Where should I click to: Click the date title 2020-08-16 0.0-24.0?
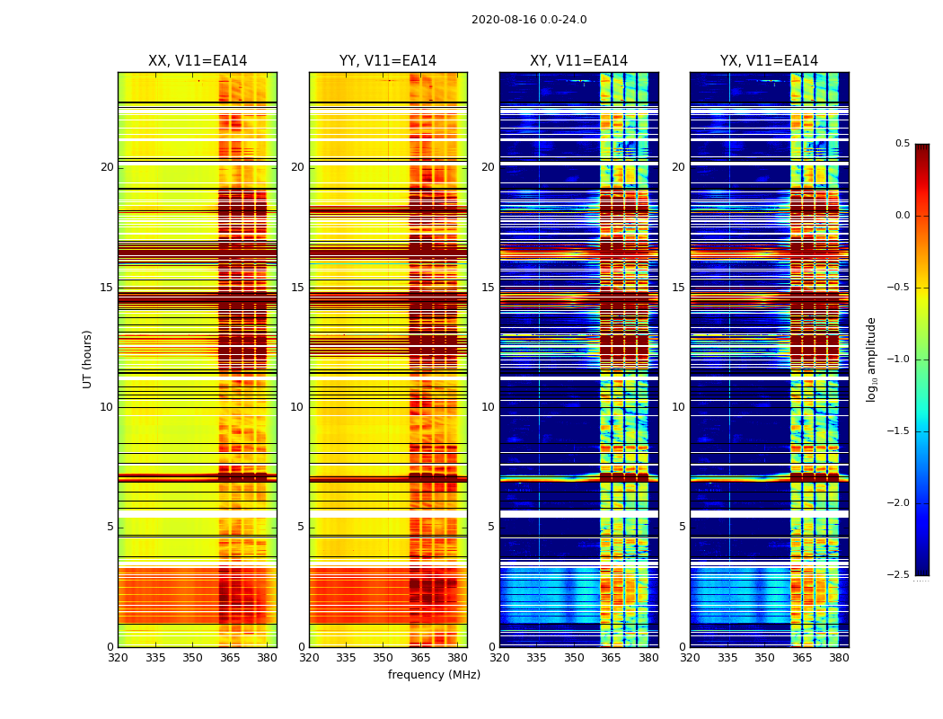pyautogui.click(x=529, y=20)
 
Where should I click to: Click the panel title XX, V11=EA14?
pyautogui.click(x=198, y=61)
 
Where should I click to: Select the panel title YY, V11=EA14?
pyautogui.click(x=388, y=61)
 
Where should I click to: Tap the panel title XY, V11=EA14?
pyautogui.click(x=578, y=61)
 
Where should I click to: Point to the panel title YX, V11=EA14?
pyautogui.click(x=769, y=61)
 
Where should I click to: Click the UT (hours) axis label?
pyautogui.click(x=88, y=359)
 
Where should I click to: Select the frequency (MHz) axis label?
pyautogui.click(x=434, y=675)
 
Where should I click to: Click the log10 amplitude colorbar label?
pyautogui.click(x=871, y=359)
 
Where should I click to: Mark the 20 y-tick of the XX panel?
pyautogui.click(x=107, y=167)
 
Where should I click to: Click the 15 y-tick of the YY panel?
pyautogui.click(x=297, y=288)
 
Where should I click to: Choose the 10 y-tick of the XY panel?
pyautogui.click(x=488, y=407)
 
